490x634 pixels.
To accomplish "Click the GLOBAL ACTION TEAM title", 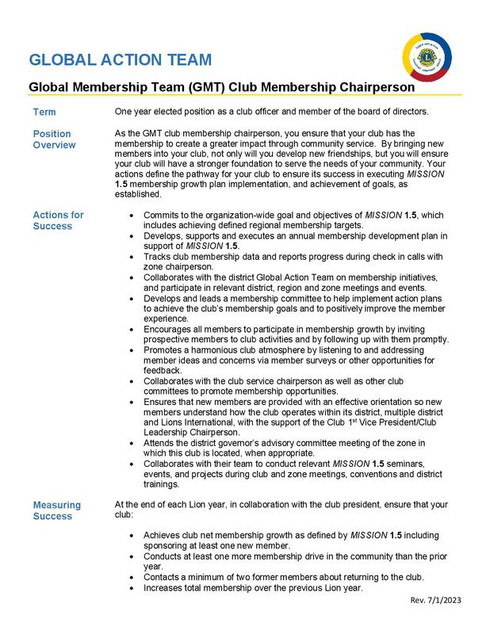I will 120,59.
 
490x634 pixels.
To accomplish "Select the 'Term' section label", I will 44,112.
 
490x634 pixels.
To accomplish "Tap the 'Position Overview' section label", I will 53,139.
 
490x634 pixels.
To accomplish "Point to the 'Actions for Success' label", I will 58,220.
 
